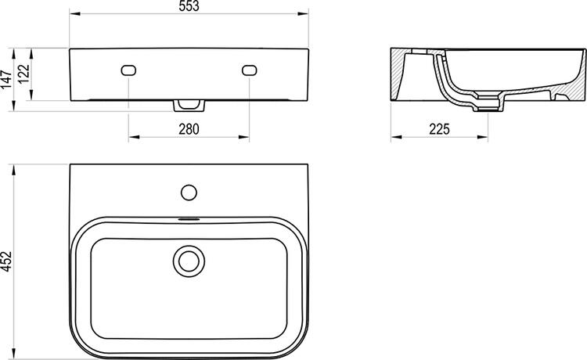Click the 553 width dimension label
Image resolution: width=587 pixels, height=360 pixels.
click(x=188, y=7)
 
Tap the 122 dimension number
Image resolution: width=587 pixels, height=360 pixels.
click(x=24, y=74)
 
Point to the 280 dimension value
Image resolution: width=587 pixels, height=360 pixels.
click(x=188, y=129)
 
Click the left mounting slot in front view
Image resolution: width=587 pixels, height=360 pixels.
click(x=128, y=70)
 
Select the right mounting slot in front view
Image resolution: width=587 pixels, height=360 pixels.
click(x=249, y=70)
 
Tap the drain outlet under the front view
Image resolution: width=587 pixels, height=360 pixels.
click(x=189, y=104)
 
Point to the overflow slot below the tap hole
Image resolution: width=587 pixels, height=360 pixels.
click(x=189, y=218)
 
